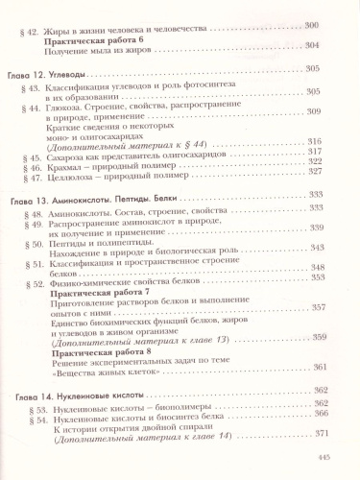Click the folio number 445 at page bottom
click(x=323, y=458)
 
